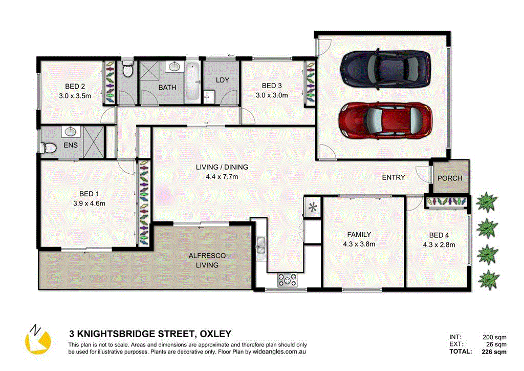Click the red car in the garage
pyautogui.click(x=385, y=120)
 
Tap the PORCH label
pyautogui.click(x=450, y=178)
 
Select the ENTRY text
pyautogui.click(x=394, y=177)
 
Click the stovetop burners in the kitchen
pyautogui.click(x=287, y=280)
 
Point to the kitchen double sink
pyautogui.click(x=261, y=245)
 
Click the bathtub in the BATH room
pyautogui.click(x=192, y=81)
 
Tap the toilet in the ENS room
pyautogui.click(x=49, y=148)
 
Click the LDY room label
pyautogui.click(x=222, y=80)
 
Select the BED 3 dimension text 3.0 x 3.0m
pyautogui.click(x=272, y=95)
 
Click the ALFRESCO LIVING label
pyautogui.click(x=207, y=260)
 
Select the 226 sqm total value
pyautogui.click(x=495, y=352)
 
